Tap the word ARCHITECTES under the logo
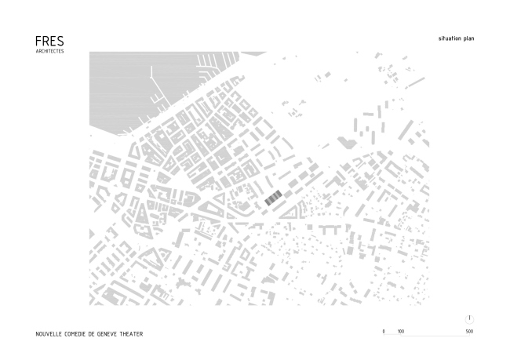click(49, 51)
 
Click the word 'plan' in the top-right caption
click(469, 38)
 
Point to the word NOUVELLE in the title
click(49, 333)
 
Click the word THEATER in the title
click(133, 333)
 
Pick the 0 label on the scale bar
click(384, 332)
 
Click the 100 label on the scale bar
click(401, 332)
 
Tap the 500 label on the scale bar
click(469, 332)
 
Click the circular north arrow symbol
click(469, 318)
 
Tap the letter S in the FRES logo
click(60, 40)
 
